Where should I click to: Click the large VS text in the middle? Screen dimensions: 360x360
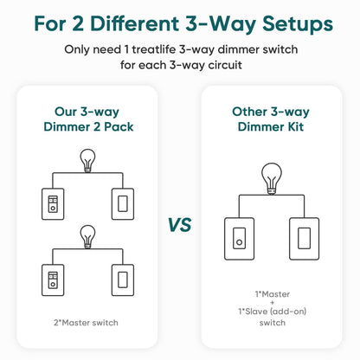(179, 225)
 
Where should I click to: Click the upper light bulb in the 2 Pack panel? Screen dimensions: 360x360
(87, 159)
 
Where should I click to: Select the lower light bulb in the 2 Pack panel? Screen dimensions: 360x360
(87, 235)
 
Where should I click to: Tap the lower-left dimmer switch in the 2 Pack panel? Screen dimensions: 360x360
(52, 280)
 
